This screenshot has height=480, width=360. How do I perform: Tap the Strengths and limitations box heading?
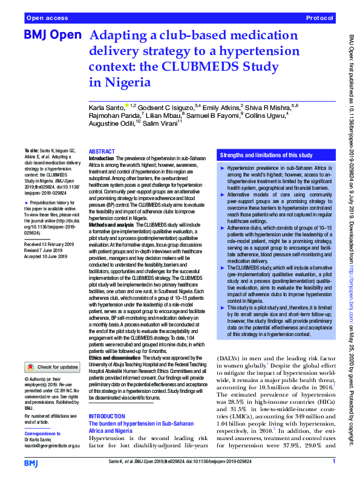pyautogui.click(x=265, y=155)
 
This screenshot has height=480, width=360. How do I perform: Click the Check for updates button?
pyautogui.click(x=52, y=366)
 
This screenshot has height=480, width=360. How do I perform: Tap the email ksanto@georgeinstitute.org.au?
pyautogui.click(x=53, y=446)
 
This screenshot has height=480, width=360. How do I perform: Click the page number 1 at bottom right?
pyautogui.click(x=334, y=462)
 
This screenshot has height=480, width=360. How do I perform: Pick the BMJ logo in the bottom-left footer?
pyautogui.click(x=31, y=462)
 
